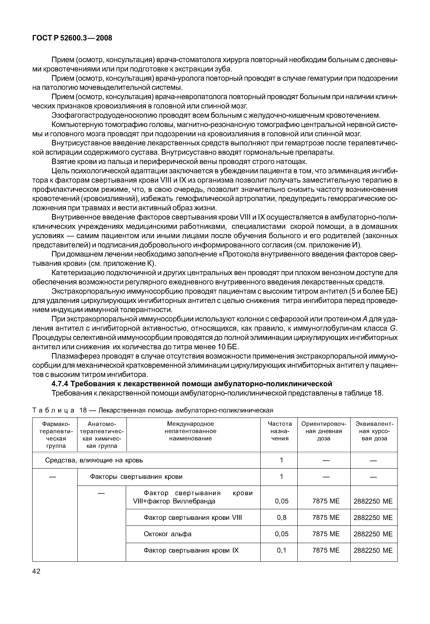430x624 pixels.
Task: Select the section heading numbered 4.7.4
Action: click(192, 384)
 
